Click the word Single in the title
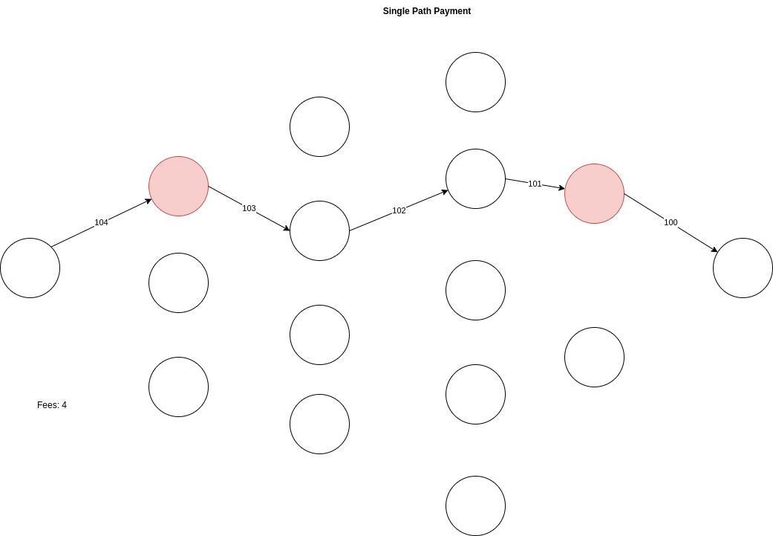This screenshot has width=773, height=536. pos(396,11)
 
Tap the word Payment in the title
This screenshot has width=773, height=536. pos(454,11)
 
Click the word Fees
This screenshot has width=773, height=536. pos(47,405)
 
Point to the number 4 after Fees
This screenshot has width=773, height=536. pos(64,405)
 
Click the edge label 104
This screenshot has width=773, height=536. pos(101,222)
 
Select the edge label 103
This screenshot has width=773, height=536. pos(249,208)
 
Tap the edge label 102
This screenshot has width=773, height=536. pos(399,210)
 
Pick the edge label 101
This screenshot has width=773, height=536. pos(535,184)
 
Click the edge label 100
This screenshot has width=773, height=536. pos(671,222)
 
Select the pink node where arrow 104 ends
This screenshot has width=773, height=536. pos(178,186)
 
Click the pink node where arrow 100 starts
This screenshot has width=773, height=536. pos(594,193)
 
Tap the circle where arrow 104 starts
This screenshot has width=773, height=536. pos(30,268)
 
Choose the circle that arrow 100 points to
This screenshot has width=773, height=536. pos(743,268)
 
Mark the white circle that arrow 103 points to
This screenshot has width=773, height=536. pos(319,230)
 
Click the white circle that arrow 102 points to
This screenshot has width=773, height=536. pos(475,178)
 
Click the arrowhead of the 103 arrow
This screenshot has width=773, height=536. pos(287,228)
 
